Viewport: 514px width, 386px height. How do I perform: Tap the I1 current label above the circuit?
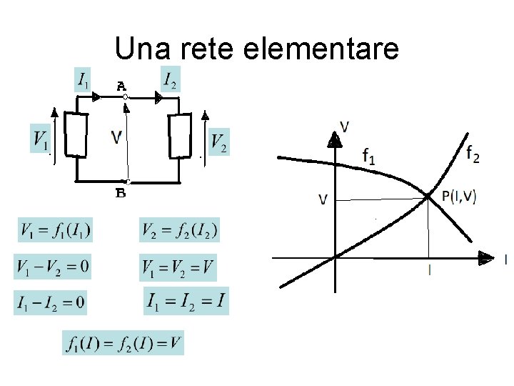click(x=84, y=80)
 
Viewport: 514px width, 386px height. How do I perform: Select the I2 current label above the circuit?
click(x=171, y=80)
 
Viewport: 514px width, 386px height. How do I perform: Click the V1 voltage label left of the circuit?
click(x=41, y=138)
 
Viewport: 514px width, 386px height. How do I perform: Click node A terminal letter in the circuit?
click(x=122, y=86)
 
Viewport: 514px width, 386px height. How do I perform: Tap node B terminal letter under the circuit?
click(x=121, y=193)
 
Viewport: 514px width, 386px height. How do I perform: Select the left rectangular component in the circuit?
click(x=76, y=134)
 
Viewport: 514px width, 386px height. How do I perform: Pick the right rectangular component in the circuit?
click(x=179, y=135)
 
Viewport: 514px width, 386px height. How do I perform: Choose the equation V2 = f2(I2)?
click(x=179, y=231)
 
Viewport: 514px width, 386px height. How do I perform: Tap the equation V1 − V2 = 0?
click(x=54, y=267)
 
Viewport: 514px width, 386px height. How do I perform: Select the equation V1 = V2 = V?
click(x=178, y=268)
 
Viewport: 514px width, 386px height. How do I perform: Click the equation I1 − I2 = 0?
click(x=51, y=302)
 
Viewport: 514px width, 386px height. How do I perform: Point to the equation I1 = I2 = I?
click(x=186, y=302)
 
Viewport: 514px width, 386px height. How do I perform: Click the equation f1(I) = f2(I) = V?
click(x=123, y=342)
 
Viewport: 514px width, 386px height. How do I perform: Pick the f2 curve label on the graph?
click(x=472, y=152)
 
